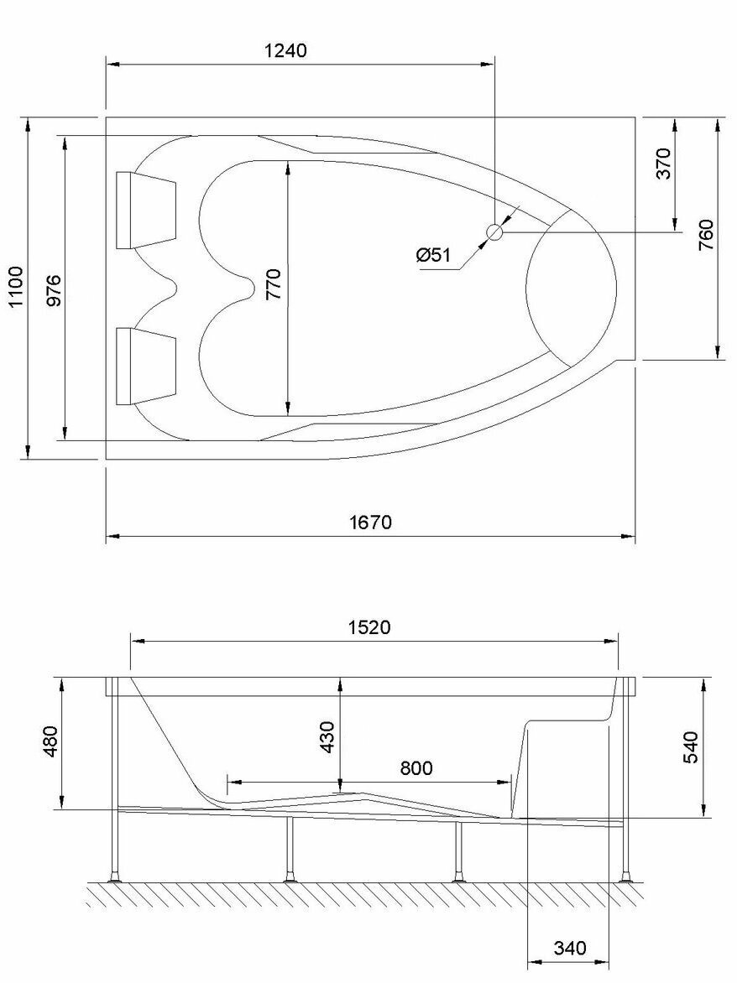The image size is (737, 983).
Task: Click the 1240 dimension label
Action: click(286, 50)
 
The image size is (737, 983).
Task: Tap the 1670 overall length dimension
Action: click(370, 522)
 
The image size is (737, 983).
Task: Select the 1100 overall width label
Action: click(14, 287)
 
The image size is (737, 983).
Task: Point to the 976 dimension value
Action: click(54, 289)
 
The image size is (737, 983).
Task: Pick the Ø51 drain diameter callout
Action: click(433, 255)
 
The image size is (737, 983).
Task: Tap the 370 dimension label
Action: click(663, 163)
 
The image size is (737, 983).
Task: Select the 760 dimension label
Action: click(706, 235)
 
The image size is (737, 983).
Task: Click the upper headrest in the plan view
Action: click(146, 210)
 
